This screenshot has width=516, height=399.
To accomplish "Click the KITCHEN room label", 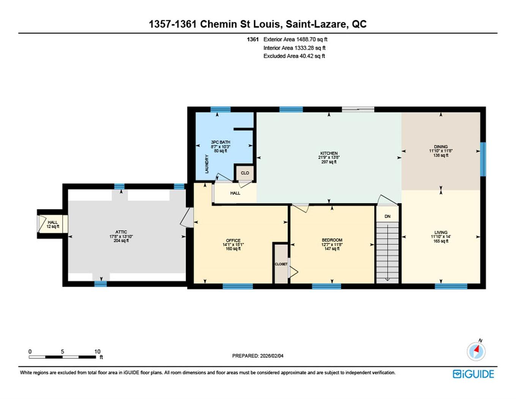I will [x=329, y=154].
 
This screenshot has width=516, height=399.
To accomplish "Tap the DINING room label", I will [x=440, y=147].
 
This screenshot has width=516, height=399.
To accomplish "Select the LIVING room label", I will [x=440, y=233].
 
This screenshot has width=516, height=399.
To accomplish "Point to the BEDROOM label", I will [x=332, y=240].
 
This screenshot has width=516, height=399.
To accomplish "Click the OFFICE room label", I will [x=233, y=241].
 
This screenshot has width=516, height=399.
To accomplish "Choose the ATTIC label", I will [x=121, y=232].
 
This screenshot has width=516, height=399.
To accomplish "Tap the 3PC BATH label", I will [x=220, y=142].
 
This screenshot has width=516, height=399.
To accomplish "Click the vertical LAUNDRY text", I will [x=207, y=164].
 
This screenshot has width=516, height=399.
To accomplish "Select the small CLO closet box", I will [x=245, y=173].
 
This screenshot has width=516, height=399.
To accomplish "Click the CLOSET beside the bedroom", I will [x=281, y=264].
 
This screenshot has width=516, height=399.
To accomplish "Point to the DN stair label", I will [x=387, y=217].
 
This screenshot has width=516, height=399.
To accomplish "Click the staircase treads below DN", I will [x=387, y=251].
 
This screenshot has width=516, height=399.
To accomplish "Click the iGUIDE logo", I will [x=473, y=374].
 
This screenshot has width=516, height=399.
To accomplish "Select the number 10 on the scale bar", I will [x=97, y=351].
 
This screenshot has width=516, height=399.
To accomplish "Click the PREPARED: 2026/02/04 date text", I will [x=258, y=356].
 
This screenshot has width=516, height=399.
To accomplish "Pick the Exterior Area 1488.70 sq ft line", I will [x=295, y=39].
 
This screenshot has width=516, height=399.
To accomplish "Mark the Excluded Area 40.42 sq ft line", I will [x=294, y=56].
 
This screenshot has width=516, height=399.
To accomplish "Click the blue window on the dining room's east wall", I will [x=483, y=159].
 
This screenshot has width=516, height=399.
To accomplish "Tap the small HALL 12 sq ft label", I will [x=53, y=224].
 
